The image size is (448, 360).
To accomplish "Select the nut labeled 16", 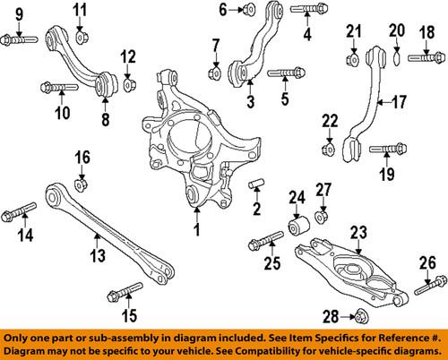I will click(81, 185).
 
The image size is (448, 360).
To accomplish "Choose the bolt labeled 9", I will click(20, 39).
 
